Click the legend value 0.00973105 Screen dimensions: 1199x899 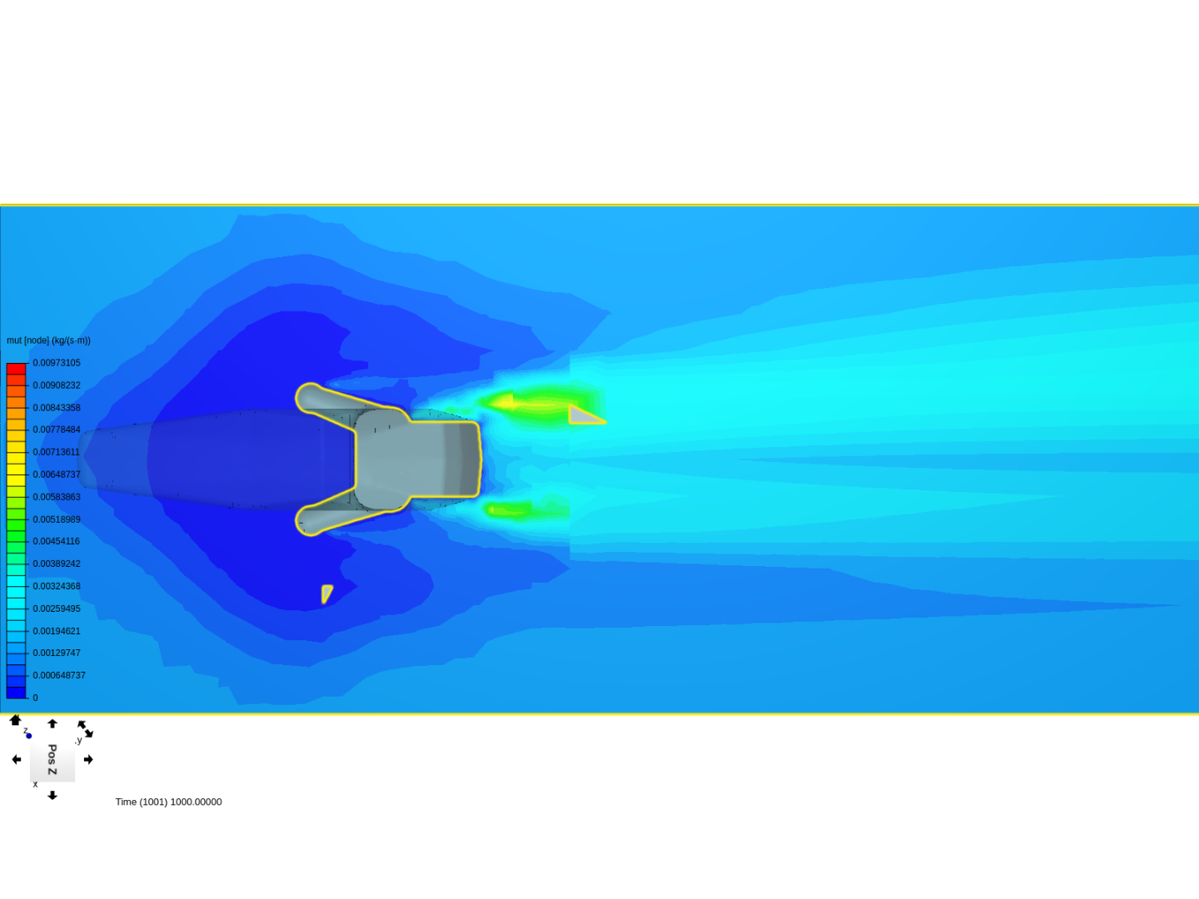click(x=57, y=363)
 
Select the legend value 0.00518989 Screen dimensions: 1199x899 click(x=57, y=519)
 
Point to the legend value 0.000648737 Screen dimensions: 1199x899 click(x=59, y=675)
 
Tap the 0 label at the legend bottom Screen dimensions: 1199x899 click(x=36, y=698)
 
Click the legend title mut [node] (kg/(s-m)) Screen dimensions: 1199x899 click(x=48, y=340)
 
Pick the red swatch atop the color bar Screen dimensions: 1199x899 click(x=17, y=369)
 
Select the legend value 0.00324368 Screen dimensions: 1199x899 click(x=57, y=586)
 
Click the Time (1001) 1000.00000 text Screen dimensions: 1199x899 click(x=168, y=802)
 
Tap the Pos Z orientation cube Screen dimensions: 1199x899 click(x=52, y=759)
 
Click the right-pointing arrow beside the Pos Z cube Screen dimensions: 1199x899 click(x=88, y=759)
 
